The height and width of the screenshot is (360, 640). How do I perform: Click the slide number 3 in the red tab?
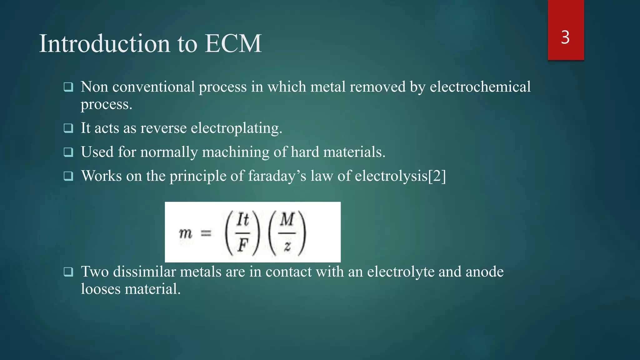[x=565, y=37]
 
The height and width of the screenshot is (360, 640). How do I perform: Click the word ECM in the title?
[x=233, y=44]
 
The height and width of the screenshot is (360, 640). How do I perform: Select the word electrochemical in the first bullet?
[x=480, y=87]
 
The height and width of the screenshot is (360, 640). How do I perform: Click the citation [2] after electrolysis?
[x=437, y=176]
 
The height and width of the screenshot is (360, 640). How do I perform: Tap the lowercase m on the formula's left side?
[x=185, y=233]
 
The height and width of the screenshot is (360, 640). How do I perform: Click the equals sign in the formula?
[x=206, y=233]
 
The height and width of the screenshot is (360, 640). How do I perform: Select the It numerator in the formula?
[x=242, y=220]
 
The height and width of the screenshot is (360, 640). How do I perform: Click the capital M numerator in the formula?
[x=287, y=219]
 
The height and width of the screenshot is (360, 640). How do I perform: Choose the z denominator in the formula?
[x=287, y=247]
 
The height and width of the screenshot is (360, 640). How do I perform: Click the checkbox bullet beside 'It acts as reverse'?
[x=68, y=128]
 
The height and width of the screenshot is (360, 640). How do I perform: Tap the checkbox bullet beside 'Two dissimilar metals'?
[x=68, y=272]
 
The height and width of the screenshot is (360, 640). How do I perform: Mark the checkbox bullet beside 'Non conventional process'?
[x=68, y=87]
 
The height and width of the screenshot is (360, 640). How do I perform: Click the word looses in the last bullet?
[x=101, y=289]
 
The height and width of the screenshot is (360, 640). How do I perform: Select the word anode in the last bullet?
[x=484, y=272]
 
